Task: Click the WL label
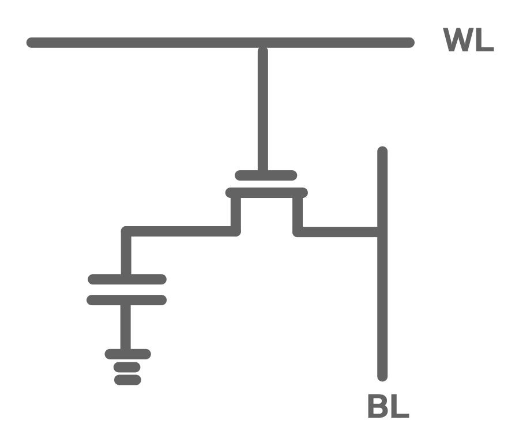(x=468, y=40)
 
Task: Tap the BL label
(x=388, y=407)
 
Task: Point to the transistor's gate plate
(x=266, y=175)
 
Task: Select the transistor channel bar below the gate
(x=266, y=193)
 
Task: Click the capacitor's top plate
(x=127, y=279)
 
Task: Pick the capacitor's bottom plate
(x=127, y=300)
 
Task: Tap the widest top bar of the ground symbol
(x=127, y=354)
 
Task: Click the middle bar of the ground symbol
(x=127, y=367)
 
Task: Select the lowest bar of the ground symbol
(x=127, y=380)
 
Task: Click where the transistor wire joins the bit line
(x=382, y=232)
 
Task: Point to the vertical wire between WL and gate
(x=263, y=110)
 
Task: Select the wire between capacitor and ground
(x=126, y=327)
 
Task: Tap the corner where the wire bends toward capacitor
(x=127, y=232)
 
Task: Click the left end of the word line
(x=31, y=43)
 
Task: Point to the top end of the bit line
(x=382, y=151)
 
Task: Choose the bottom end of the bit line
(x=382, y=376)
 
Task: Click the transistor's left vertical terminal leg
(x=235, y=213)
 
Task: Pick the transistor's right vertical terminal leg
(x=298, y=213)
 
